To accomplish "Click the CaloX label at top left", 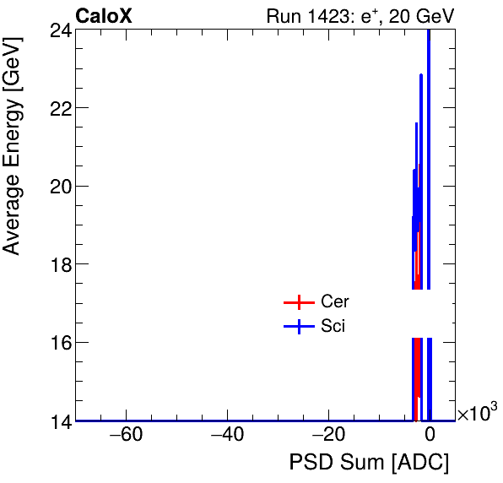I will coord(104,16).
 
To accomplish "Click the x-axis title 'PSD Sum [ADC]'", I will coord(369,463).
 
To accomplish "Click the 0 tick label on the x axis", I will coord(430,436).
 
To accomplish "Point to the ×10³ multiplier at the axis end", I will coord(477,413).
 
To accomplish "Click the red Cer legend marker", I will coord(299,302).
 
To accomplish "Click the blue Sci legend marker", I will coord(299,327).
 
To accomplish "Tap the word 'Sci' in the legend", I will coord(333,327).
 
